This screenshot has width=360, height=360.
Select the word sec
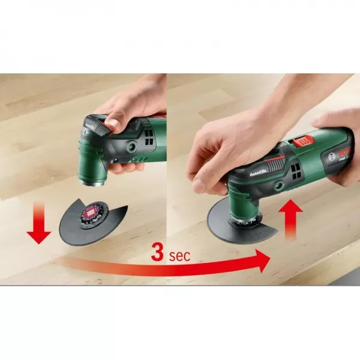(179, 256)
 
